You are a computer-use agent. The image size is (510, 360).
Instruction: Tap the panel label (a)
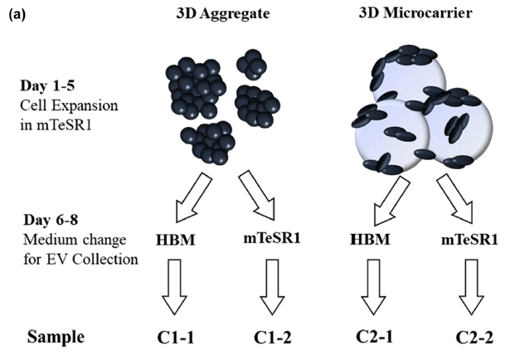tap(15, 12)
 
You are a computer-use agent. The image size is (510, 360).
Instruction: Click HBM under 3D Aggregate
tap(174, 243)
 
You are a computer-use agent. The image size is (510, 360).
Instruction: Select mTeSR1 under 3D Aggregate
tap(274, 241)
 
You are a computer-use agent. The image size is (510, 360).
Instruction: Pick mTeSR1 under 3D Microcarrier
tap(470, 241)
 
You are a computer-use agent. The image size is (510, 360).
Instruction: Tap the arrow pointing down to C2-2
tap(471, 289)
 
